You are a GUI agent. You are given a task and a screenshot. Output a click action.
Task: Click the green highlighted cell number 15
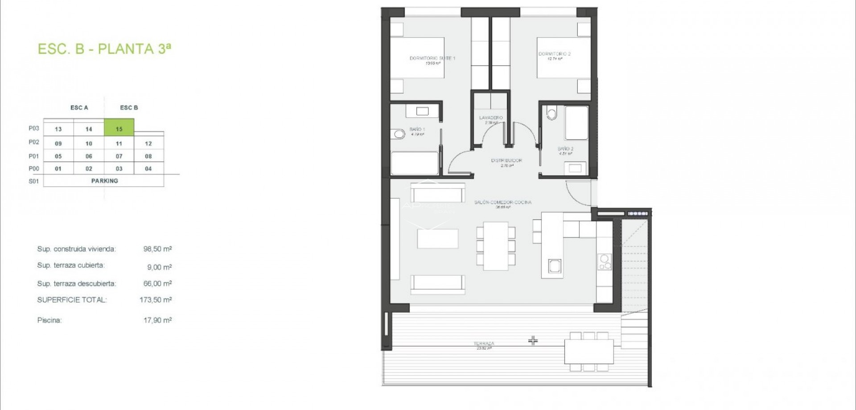tap(119, 128)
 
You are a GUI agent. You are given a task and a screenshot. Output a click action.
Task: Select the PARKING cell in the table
tap(104, 181)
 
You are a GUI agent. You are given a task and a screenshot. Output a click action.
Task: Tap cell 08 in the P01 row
tap(148, 156)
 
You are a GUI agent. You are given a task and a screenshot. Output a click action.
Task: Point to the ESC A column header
tap(79, 108)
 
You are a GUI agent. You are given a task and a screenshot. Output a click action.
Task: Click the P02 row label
tap(34, 142)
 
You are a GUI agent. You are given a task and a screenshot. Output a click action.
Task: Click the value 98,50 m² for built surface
tap(157, 249)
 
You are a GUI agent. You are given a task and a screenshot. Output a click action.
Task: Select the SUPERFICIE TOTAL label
tap(72, 300)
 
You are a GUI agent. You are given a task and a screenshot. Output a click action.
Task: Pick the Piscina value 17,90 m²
tap(157, 320)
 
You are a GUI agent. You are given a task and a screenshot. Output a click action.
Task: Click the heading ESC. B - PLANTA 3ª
tap(104, 49)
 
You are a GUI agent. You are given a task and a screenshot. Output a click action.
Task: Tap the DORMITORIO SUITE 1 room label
tap(432, 58)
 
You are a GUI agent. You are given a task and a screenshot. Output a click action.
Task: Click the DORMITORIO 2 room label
tap(554, 54)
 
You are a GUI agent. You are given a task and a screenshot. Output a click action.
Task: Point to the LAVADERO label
tap(490, 118)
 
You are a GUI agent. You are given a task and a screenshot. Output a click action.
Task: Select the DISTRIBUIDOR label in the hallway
tap(506, 160)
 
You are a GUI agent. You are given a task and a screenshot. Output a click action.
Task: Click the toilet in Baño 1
tap(399, 134)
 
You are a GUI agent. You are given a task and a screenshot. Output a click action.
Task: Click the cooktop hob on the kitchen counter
tap(605, 262)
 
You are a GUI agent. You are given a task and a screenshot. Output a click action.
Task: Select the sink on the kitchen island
tap(554, 266)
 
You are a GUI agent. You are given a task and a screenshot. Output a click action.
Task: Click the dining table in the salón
tap(496, 246)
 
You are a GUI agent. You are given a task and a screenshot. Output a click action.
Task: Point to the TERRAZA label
tap(484, 344)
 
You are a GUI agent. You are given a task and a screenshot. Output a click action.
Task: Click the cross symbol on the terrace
tap(533, 341)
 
